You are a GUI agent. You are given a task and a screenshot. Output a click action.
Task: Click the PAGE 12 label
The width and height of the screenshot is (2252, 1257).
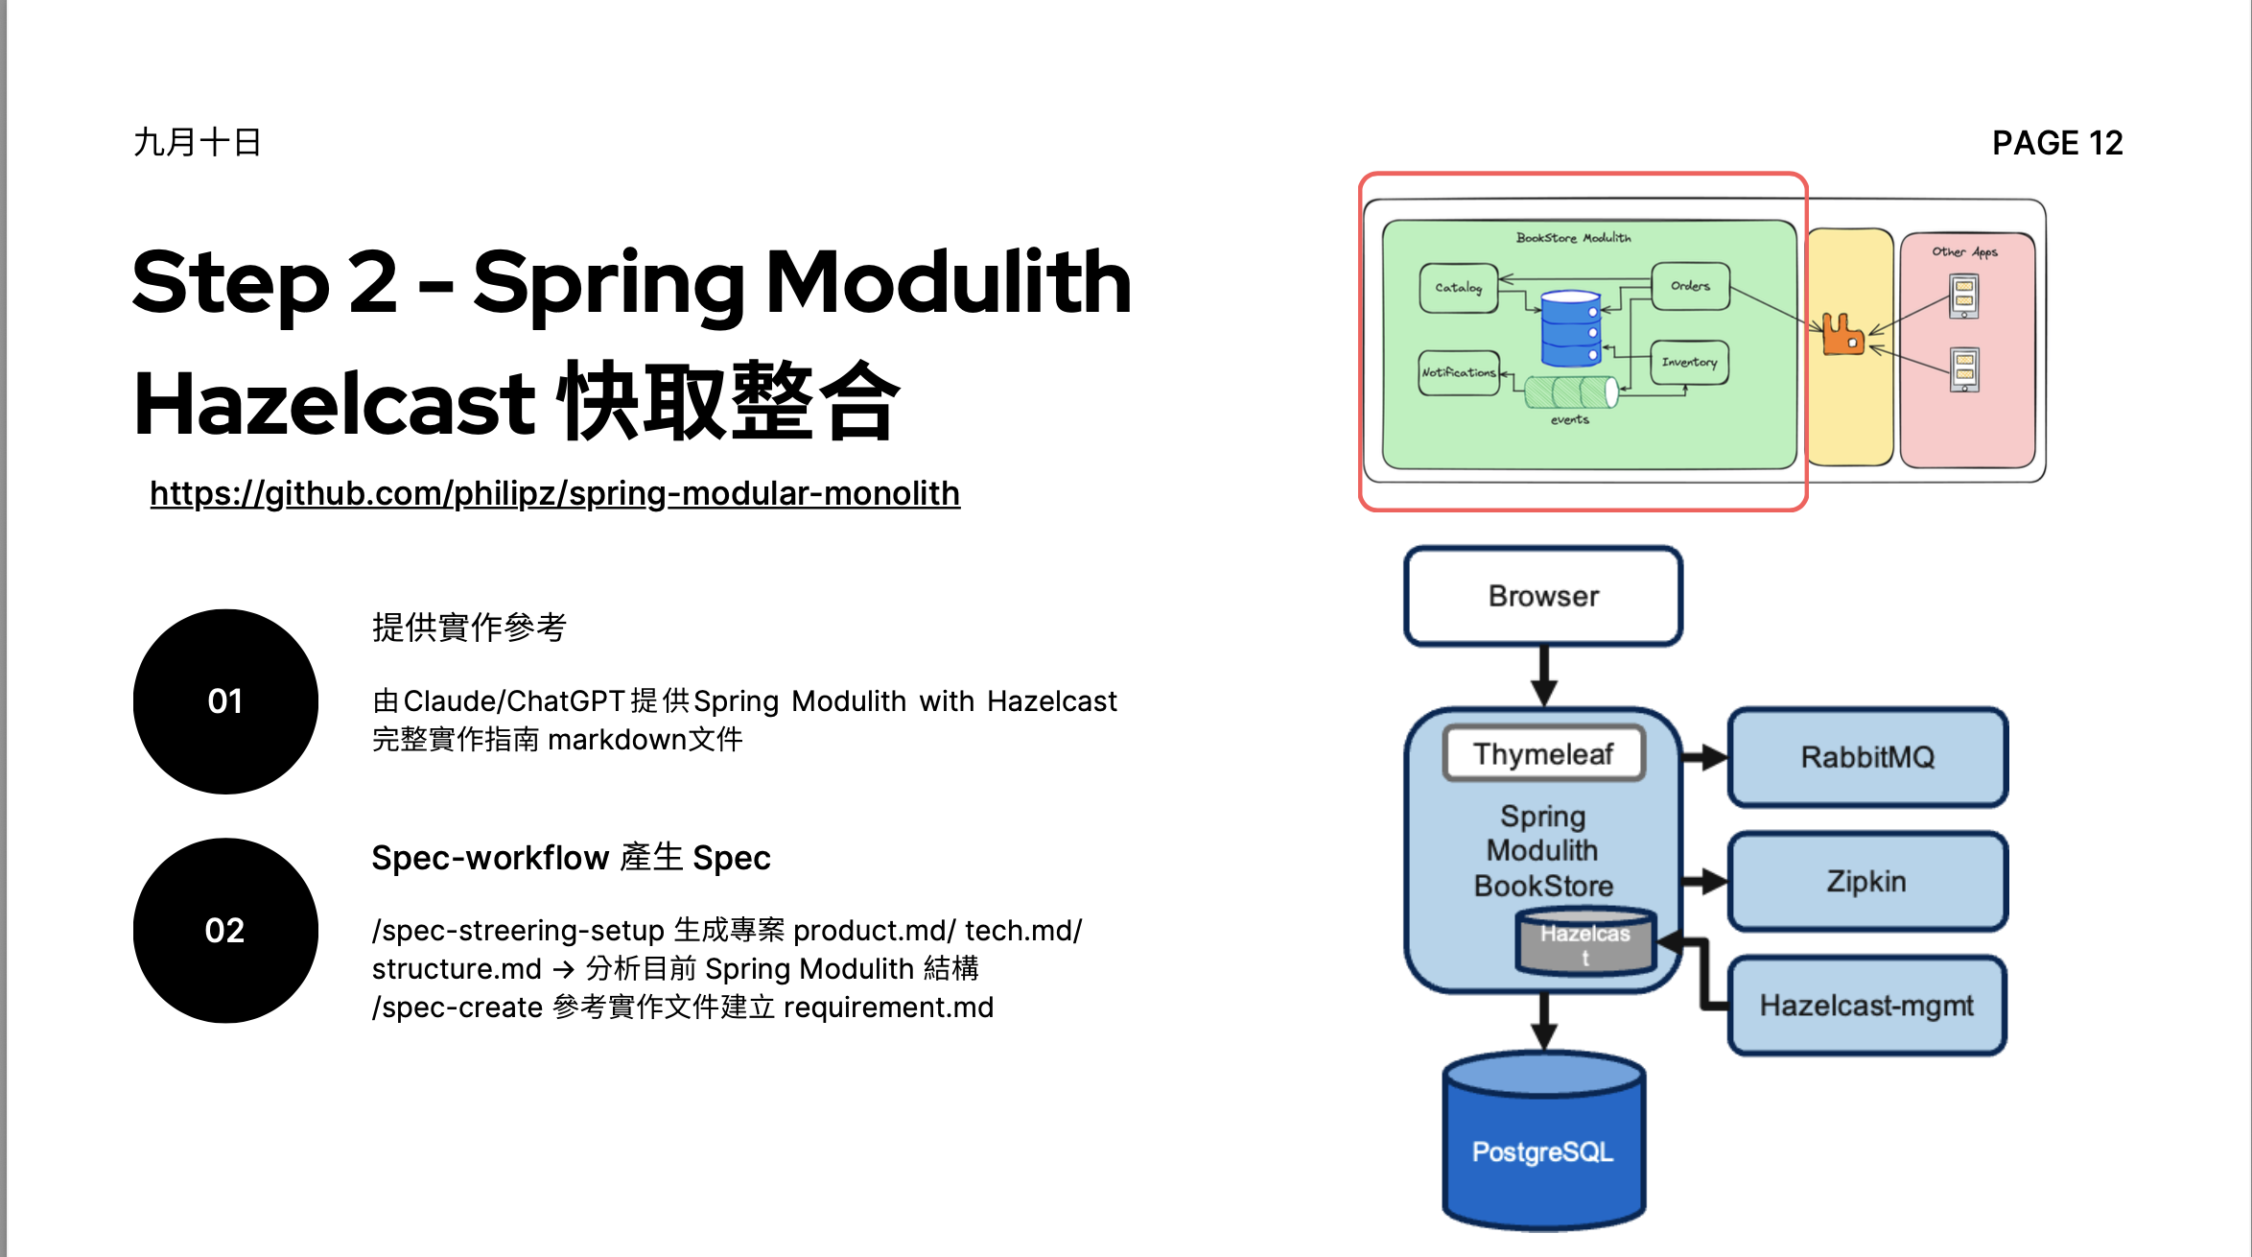pos(2057,143)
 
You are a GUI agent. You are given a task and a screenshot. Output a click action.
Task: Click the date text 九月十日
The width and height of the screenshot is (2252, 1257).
pos(198,142)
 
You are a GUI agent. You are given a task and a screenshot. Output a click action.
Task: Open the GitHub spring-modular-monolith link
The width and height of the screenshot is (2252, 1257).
pos(554,493)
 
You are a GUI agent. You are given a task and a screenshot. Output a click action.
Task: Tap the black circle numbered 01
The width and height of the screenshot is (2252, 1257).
pos(225,701)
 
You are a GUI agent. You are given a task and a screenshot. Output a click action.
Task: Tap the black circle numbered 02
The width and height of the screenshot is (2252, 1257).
pos(225,931)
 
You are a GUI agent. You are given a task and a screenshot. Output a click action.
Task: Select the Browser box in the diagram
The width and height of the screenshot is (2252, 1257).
pos(1543,596)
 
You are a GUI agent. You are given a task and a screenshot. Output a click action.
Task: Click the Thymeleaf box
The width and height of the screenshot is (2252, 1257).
pos(1543,754)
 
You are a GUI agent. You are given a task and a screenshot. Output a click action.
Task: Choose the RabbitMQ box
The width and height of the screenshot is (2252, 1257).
pos(1866,757)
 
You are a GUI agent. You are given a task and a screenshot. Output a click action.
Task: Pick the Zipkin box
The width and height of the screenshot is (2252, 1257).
pos(1866,881)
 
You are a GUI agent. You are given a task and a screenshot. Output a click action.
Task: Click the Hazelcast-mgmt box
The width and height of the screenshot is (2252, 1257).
pos(1866,1006)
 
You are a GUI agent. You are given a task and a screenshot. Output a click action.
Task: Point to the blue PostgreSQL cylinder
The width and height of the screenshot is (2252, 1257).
pos(1543,1147)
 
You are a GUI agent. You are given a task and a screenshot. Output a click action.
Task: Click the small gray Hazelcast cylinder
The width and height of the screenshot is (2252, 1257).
pos(1584,943)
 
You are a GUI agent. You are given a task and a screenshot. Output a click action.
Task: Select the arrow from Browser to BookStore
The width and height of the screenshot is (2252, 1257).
pos(1543,676)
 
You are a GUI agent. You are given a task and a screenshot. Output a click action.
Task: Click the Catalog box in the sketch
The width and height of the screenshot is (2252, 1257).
pos(1458,287)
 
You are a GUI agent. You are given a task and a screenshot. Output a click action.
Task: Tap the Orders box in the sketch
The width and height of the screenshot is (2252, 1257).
pos(1690,286)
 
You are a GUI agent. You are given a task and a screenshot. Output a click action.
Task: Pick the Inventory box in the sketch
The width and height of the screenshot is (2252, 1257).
pos(1689,362)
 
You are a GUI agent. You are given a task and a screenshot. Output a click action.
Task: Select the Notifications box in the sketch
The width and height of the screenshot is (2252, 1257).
pos(1458,372)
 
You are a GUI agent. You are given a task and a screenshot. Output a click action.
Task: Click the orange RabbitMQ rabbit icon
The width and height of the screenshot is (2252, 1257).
pos(1842,335)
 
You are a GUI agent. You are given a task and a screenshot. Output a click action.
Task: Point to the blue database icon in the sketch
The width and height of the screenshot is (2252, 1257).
pos(1570,328)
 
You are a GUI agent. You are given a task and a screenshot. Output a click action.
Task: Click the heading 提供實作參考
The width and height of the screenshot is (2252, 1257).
pos(469,628)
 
